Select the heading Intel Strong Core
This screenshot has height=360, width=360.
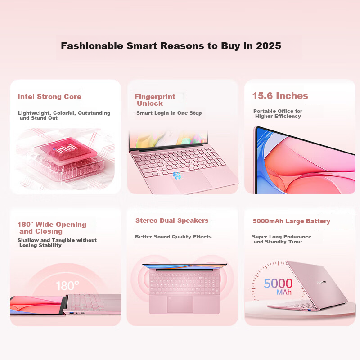[x=49, y=97]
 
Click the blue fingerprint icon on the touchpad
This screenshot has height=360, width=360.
[x=178, y=175]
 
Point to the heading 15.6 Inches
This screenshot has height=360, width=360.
[x=280, y=96]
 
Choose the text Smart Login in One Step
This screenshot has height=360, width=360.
[x=169, y=113]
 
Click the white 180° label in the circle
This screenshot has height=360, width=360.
[x=67, y=285]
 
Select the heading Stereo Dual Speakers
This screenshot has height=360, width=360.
[x=172, y=220]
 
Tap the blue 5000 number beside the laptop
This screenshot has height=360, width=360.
[x=278, y=283]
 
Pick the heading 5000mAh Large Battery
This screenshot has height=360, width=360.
[x=292, y=221]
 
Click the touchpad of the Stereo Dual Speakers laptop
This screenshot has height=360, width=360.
[x=180, y=304]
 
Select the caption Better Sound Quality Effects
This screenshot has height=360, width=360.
[x=173, y=237]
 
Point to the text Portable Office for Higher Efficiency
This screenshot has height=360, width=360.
[x=278, y=114]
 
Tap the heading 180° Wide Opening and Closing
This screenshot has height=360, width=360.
[x=51, y=228]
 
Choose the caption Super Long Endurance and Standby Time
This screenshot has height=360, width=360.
[x=281, y=239]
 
